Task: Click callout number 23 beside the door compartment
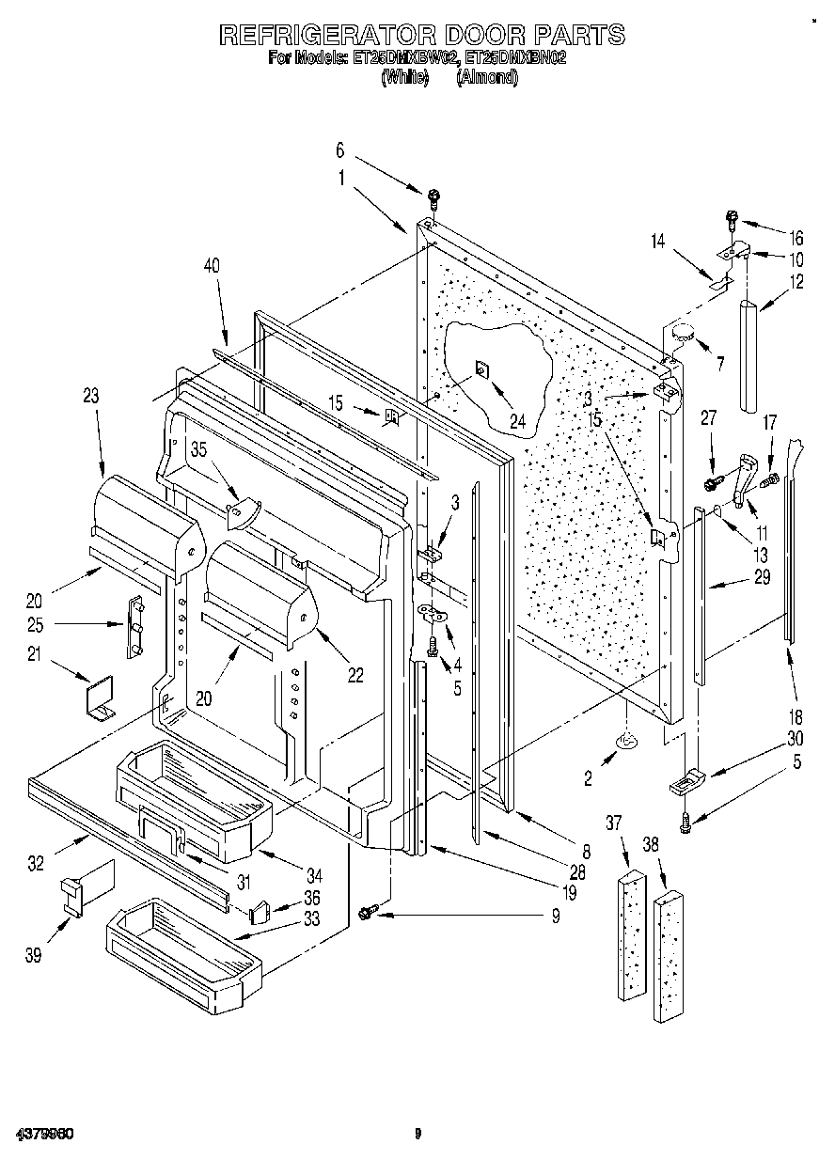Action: click(x=90, y=397)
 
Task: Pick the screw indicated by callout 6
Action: click(x=433, y=197)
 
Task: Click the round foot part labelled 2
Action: click(x=625, y=744)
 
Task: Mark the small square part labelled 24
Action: click(x=480, y=369)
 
